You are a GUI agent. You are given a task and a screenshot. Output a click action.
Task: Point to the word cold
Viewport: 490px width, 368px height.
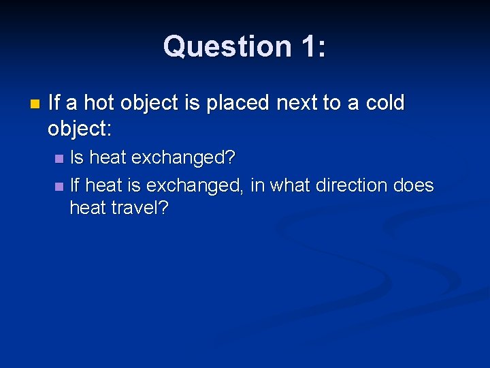[385, 104]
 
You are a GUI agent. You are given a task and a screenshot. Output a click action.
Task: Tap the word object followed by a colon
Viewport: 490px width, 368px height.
[80, 127]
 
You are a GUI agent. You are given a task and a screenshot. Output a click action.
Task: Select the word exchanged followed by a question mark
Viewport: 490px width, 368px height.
[183, 158]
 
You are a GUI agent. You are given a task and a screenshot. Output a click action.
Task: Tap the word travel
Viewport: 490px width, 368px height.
[139, 208]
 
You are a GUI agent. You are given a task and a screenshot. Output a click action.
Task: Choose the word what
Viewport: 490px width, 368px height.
[291, 185]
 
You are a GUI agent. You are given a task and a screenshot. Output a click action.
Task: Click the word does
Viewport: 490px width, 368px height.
[414, 185]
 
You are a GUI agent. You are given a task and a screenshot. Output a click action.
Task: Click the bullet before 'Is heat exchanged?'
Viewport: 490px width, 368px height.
[59, 159]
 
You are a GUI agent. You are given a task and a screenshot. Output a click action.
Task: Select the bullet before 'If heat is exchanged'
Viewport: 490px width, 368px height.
[59, 185]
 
